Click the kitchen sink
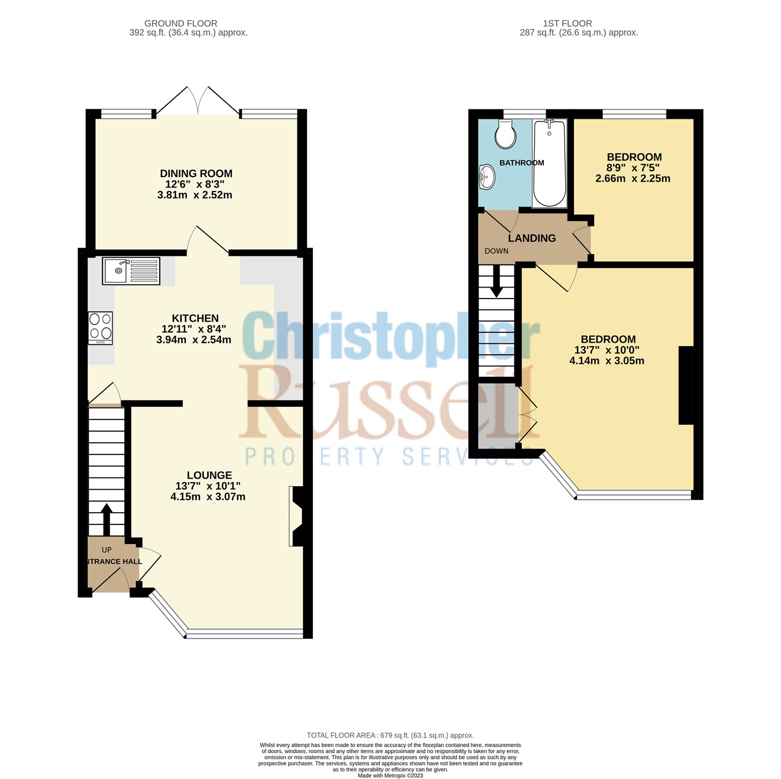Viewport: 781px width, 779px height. click(131, 271)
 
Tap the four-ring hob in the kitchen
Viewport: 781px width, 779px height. click(100, 328)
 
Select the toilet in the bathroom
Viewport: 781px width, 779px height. click(506, 135)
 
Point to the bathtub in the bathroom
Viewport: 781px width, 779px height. click(550, 163)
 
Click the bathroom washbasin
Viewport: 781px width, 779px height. click(488, 175)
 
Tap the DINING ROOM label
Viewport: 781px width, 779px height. click(196, 174)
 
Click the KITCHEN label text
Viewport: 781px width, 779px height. click(195, 318)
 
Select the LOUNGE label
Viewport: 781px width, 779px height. click(209, 475)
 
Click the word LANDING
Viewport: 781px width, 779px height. click(532, 238)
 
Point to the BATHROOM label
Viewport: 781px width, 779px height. click(522, 163)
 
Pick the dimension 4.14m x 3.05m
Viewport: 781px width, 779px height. click(606, 361)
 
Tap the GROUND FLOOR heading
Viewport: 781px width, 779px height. click(180, 24)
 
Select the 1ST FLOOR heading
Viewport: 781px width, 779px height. click(567, 24)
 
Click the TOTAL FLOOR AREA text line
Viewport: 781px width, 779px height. click(390, 736)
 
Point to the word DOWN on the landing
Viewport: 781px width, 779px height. click(496, 251)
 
